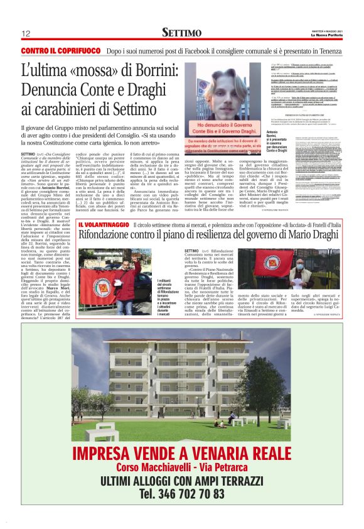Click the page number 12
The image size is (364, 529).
click(x=26, y=33)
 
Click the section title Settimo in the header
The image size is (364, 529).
click(x=181, y=32)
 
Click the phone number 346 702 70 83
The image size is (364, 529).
click(x=181, y=494)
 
